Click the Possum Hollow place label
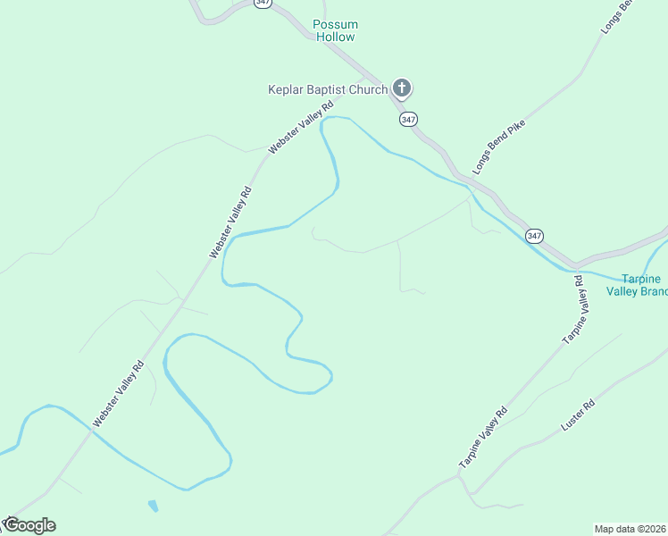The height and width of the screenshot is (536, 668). (335, 30)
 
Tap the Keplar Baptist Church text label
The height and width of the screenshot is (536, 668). (328, 89)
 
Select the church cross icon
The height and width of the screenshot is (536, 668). (402, 88)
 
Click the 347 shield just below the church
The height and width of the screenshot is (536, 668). (409, 119)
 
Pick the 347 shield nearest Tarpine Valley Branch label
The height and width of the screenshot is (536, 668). (534, 236)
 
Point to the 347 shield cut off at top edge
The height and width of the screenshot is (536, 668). (263, 3)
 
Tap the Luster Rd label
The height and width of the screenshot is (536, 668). (577, 417)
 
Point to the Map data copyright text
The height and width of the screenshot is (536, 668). (630, 529)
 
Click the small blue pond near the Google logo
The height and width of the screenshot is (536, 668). (153, 506)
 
